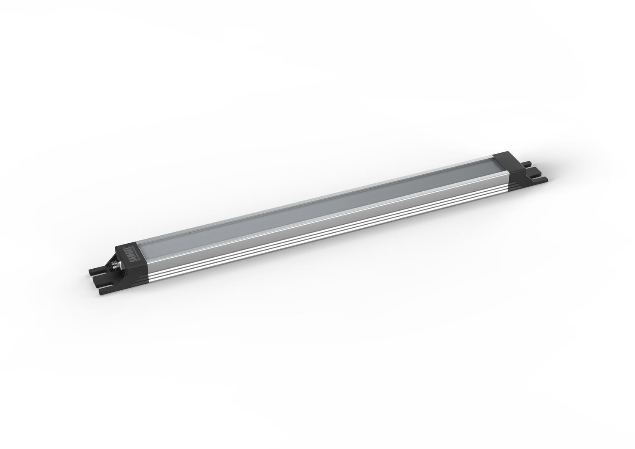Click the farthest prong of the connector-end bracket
click(x=94, y=270)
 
